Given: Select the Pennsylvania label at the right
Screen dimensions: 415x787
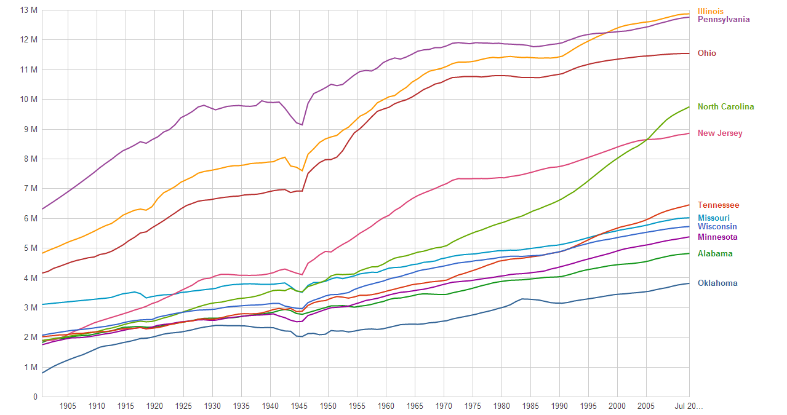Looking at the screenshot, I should [724, 19].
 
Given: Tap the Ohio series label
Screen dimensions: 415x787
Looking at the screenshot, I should [706, 53].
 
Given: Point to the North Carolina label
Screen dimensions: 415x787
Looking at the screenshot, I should [725, 106].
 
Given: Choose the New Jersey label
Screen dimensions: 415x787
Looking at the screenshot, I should [720, 133].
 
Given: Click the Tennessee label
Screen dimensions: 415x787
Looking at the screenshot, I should [718, 205].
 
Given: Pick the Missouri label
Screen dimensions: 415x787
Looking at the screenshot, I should [713, 218].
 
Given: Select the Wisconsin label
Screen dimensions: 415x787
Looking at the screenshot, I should [717, 226].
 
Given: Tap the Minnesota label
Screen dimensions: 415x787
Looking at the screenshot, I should [717, 237].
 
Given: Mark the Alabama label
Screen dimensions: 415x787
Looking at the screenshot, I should [715, 253].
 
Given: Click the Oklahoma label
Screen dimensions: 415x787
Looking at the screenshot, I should [717, 283].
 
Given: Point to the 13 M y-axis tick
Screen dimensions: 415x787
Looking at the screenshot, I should [28, 10].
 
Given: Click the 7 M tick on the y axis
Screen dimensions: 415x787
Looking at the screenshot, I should [30, 189].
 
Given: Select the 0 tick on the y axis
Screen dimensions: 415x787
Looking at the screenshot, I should [35, 397].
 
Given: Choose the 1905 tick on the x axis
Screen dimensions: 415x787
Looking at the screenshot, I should [68, 406].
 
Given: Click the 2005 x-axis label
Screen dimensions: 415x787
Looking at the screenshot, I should [646, 406].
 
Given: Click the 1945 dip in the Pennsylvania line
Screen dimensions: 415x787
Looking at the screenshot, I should [302, 125].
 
